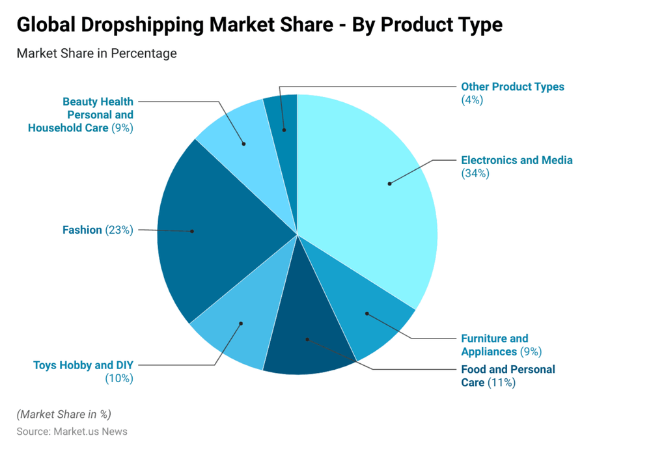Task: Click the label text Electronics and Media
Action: (516, 160)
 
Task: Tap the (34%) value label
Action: (475, 174)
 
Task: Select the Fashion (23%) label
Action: (98, 230)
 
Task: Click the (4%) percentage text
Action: (472, 100)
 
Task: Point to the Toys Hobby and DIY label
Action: (83, 365)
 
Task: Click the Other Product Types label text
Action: (512, 87)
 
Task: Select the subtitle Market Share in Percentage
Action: (96, 53)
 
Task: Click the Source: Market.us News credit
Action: (72, 432)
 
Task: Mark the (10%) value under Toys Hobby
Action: (119, 378)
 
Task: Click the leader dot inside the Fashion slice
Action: (192, 231)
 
